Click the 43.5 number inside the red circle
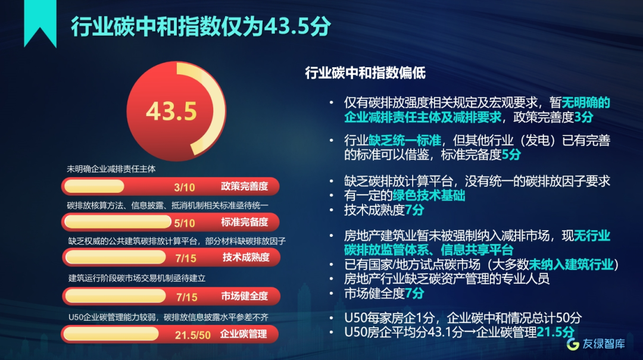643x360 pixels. [x=171, y=111]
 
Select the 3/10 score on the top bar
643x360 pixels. [x=184, y=187]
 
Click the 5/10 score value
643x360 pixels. [x=184, y=223]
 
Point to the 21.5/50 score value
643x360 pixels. [x=192, y=335]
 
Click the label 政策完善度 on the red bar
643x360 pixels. [x=245, y=186]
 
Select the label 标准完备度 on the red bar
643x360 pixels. [x=245, y=222]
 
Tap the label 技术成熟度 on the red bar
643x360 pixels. [x=246, y=257]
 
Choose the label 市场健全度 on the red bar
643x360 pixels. [x=245, y=296]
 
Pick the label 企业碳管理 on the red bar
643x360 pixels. [x=244, y=334]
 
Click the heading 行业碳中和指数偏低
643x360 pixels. [x=365, y=73]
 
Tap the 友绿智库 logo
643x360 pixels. [x=596, y=343]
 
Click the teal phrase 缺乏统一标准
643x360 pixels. [x=405, y=140]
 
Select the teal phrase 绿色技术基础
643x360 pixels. [x=429, y=195]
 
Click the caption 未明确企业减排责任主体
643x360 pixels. [x=111, y=169]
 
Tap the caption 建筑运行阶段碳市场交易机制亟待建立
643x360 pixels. [x=136, y=278]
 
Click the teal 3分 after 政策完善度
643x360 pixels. [x=583, y=117]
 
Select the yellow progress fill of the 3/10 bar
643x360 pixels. [x=94, y=186]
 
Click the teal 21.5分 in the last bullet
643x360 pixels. [x=555, y=331]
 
